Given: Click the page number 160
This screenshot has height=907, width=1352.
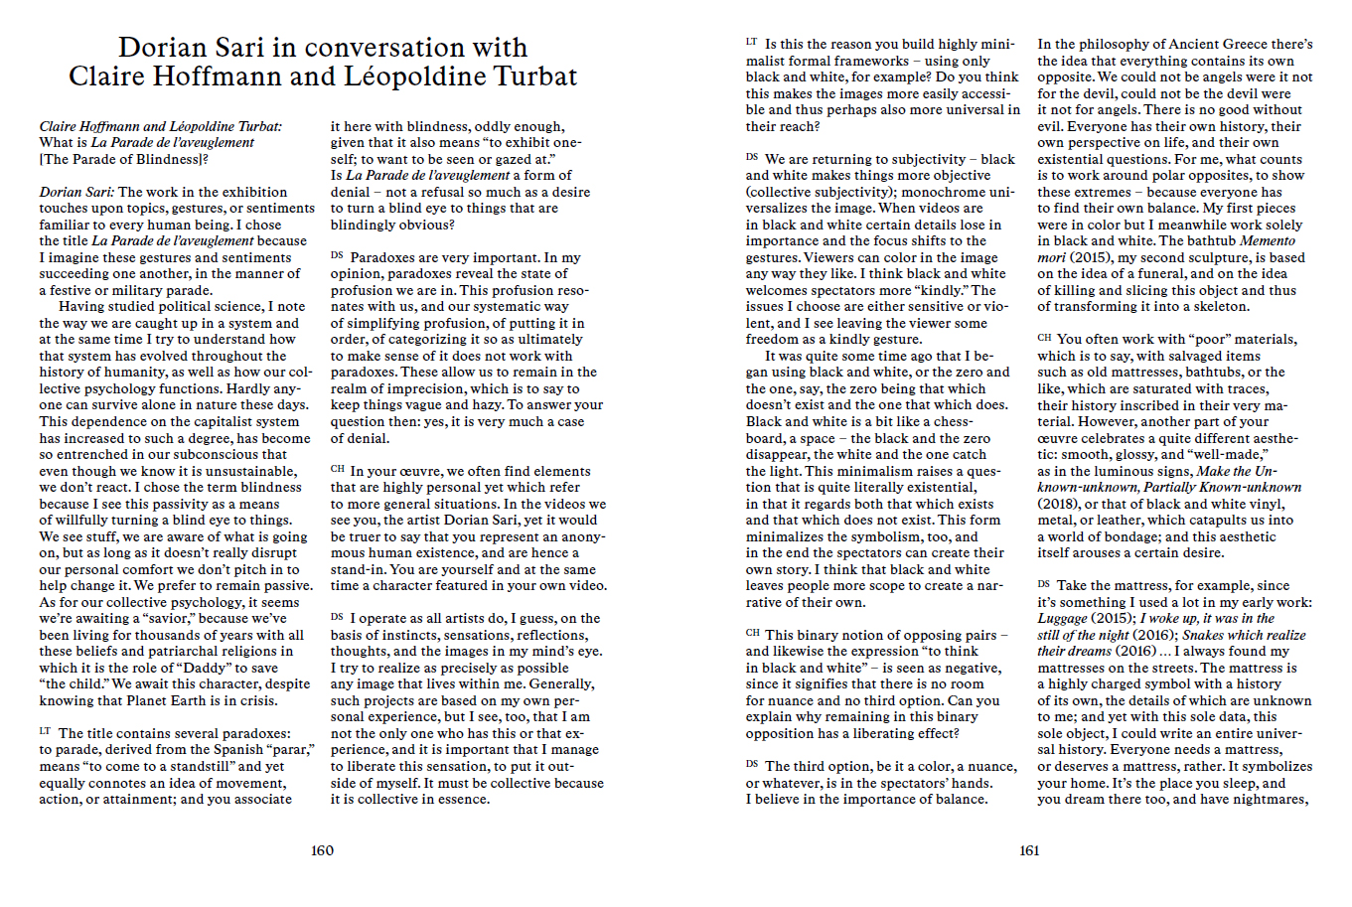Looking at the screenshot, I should tap(322, 850).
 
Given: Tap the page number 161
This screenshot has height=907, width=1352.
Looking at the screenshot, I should tap(1029, 850).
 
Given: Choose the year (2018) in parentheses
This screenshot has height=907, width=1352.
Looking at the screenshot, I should tap(1058, 504).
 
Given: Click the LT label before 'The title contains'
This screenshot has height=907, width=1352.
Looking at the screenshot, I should tap(45, 732).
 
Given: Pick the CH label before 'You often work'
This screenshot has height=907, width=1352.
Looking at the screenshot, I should tap(1044, 339).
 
